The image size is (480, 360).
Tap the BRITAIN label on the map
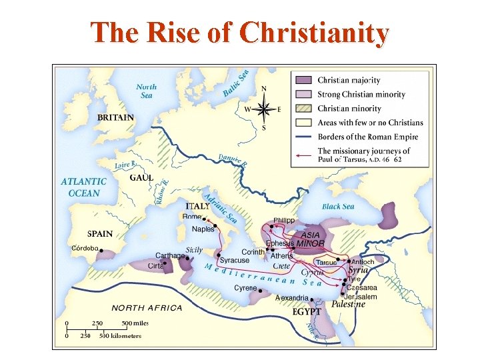[x=115, y=117]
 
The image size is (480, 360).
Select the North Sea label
[x=147, y=91]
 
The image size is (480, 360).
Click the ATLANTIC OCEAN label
[x=83, y=187]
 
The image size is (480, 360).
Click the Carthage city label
[x=170, y=255]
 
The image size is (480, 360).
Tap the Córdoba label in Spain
[x=85, y=248]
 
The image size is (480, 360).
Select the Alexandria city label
[x=292, y=298]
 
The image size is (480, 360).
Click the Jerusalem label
[x=362, y=297]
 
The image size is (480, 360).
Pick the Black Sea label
[x=338, y=207]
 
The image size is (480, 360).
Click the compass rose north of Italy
[x=264, y=108]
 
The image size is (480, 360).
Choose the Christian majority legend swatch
[x=304, y=80]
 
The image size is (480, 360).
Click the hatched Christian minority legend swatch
[x=304, y=108]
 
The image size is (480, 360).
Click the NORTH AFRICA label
[x=147, y=308]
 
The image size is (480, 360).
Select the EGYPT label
[x=307, y=311]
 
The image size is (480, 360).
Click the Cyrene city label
[x=245, y=288]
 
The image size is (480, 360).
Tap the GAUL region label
[x=141, y=178]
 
